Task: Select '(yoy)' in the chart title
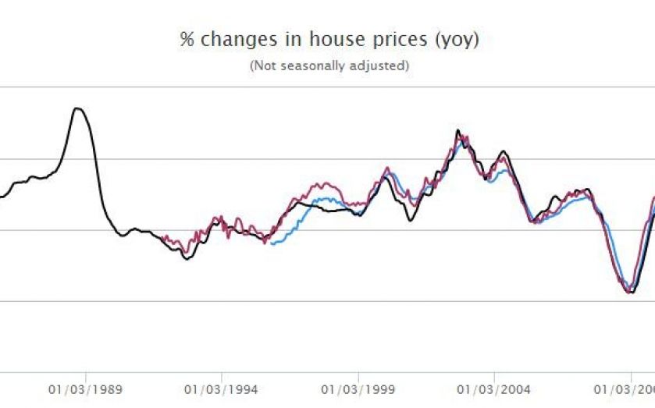(455, 41)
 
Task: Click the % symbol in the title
(187, 40)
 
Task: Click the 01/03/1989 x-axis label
(86, 388)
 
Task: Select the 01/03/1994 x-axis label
(222, 388)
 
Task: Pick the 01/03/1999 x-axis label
(358, 388)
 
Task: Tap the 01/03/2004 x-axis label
(493, 388)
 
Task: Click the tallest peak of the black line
(77, 108)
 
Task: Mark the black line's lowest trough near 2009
(630, 293)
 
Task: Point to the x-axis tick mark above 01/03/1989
(86, 375)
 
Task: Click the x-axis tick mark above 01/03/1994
(222, 375)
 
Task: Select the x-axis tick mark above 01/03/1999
(358, 375)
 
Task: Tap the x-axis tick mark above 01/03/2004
(493, 375)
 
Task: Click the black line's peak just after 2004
(504, 151)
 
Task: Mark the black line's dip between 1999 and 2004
(411, 221)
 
